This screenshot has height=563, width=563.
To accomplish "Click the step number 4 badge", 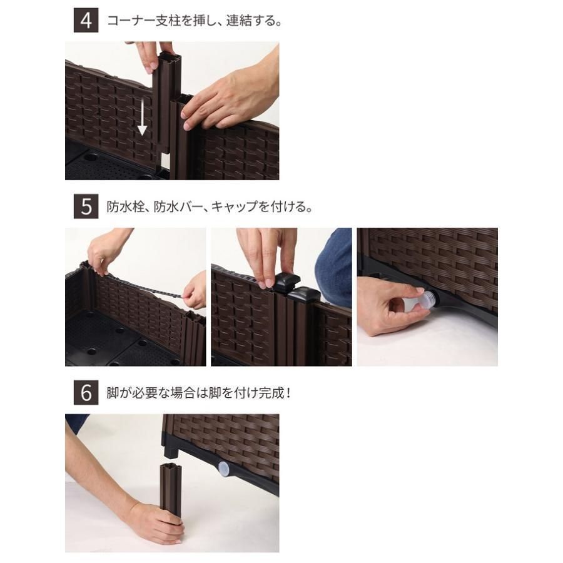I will (86, 21).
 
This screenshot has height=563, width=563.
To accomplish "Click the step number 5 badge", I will (86, 207).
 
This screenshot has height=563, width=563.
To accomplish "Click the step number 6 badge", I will (86, 393).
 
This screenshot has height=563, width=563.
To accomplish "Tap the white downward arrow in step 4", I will (142, 119).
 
